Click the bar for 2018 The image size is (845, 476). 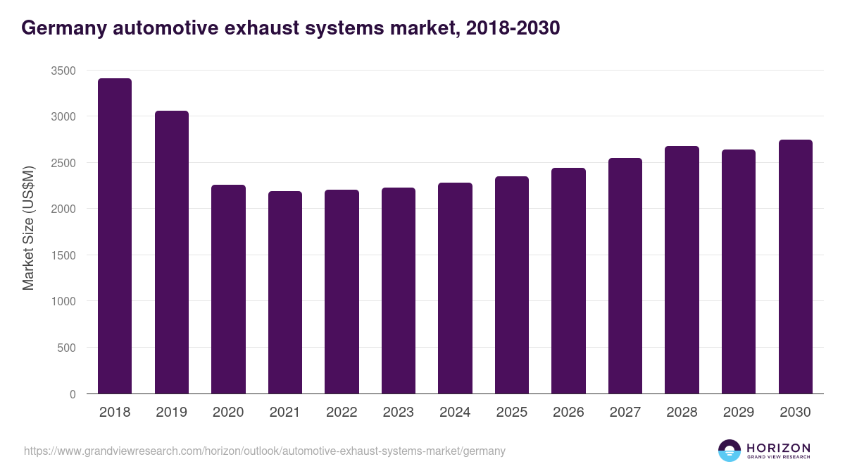pos(115,236)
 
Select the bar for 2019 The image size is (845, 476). pos(172,252)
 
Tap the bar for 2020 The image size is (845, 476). pos(228,289)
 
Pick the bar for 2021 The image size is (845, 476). pos(285,293)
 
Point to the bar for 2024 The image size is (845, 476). pos(455,288)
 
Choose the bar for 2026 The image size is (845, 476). pos(568,281)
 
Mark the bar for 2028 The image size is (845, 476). pos(682,270)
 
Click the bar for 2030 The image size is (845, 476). pos(796,267)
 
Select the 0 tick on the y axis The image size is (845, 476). pos(73,394)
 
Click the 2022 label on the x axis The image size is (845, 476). pos(342,413)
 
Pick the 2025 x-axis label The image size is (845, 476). pos(512,413)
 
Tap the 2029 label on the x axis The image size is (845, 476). pos(739,413)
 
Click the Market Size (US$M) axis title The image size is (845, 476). pos(28,228)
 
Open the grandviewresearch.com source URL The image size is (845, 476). pos(265,451)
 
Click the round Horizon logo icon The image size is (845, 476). pos(729,451)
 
